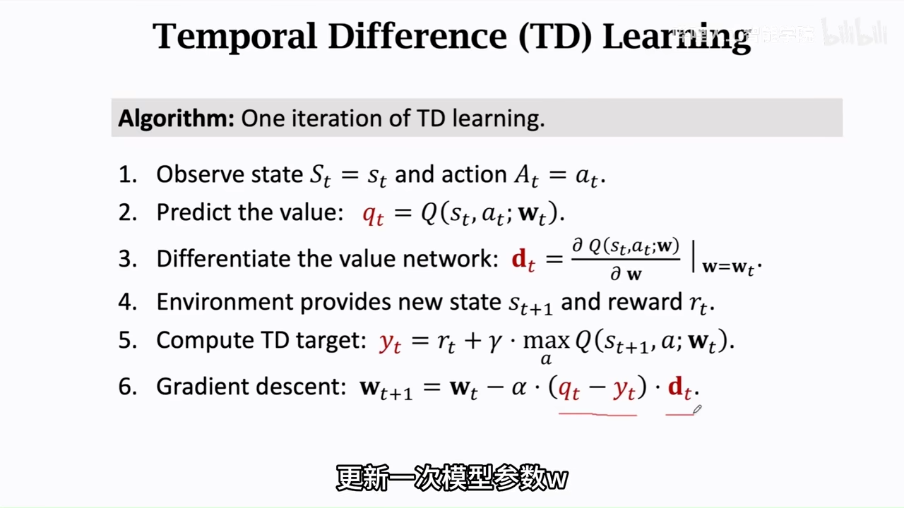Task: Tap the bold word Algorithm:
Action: point(177,119)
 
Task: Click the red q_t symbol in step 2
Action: point(373,215)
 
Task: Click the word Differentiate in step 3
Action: point(223,258)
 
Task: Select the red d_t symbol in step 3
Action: point(523,260)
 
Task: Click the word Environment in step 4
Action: point(225,302)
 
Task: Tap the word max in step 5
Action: point(547,341)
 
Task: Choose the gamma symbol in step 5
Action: point(495,343)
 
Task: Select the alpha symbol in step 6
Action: point(519,388)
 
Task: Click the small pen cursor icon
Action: point(697,409)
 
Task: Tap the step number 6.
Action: point(128,387)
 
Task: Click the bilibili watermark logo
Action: point(855,32)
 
